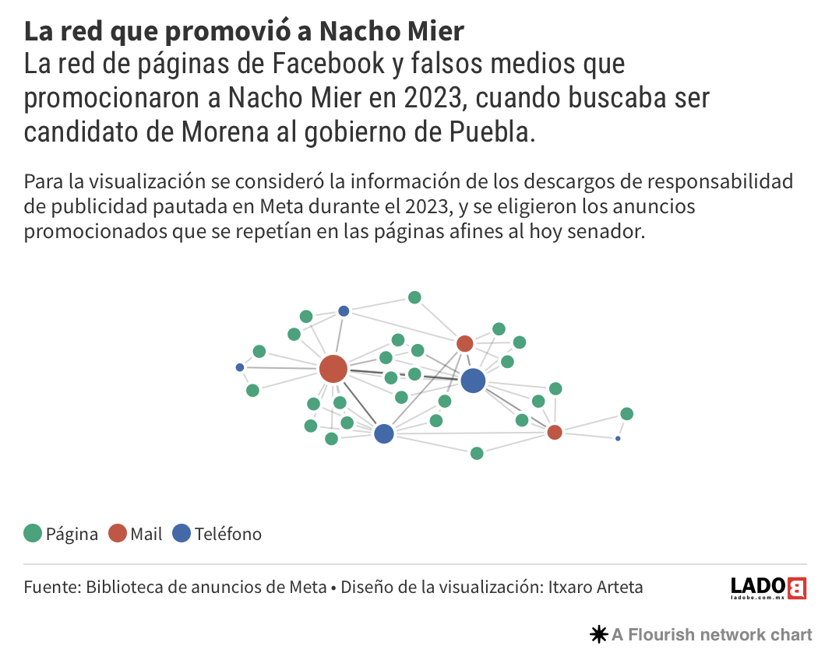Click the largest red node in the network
tap(333, 368)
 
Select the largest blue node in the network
tap(473, 381)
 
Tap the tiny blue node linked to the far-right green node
tap(618, 439)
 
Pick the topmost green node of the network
tap(414, 297)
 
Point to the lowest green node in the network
tap(477, 453)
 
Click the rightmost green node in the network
tap(626, 413)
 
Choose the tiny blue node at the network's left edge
tap(240, 367)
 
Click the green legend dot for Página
tap(33, 534)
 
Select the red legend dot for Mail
tap(117, 534)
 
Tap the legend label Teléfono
tap(228, 534)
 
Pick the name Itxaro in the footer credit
tap(569, 587)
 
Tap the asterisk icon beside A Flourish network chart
tap(598, 635)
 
